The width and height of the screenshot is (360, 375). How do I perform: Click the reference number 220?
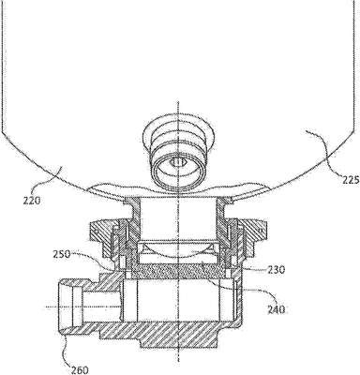[x=32, y=201]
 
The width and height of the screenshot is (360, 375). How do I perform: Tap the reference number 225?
[x=350, y=180]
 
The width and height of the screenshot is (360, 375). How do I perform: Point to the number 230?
[x=276, y=270]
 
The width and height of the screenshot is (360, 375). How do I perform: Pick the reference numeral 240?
[x=277, y=309]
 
